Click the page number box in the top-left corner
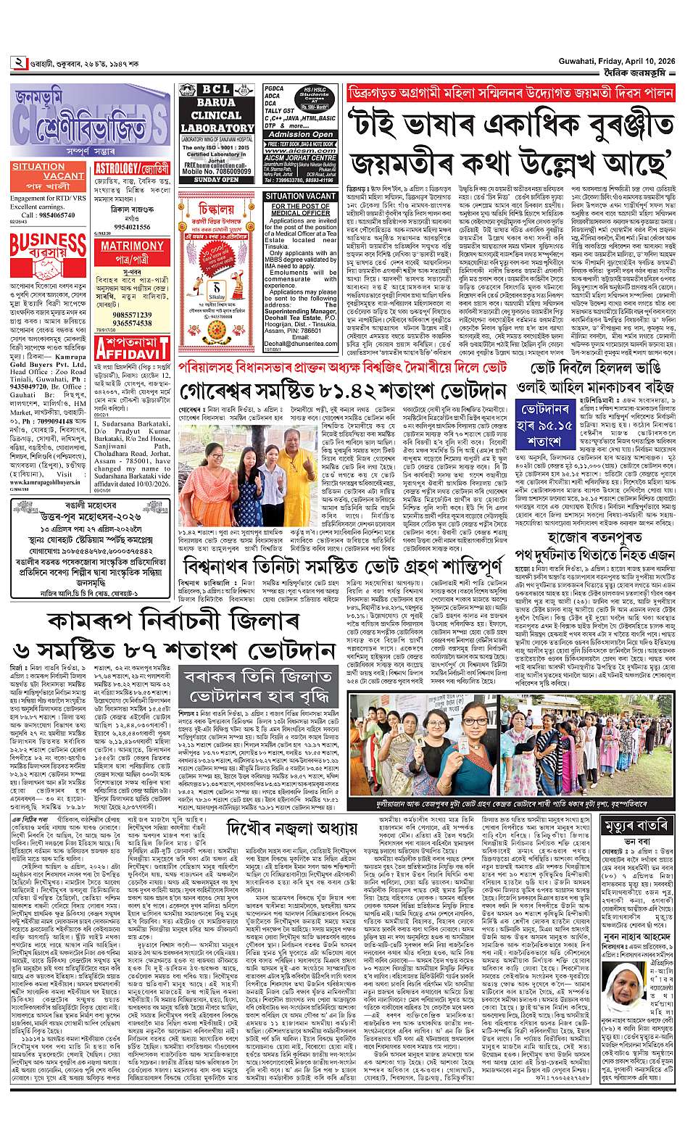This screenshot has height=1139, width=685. tap(17, 62)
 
